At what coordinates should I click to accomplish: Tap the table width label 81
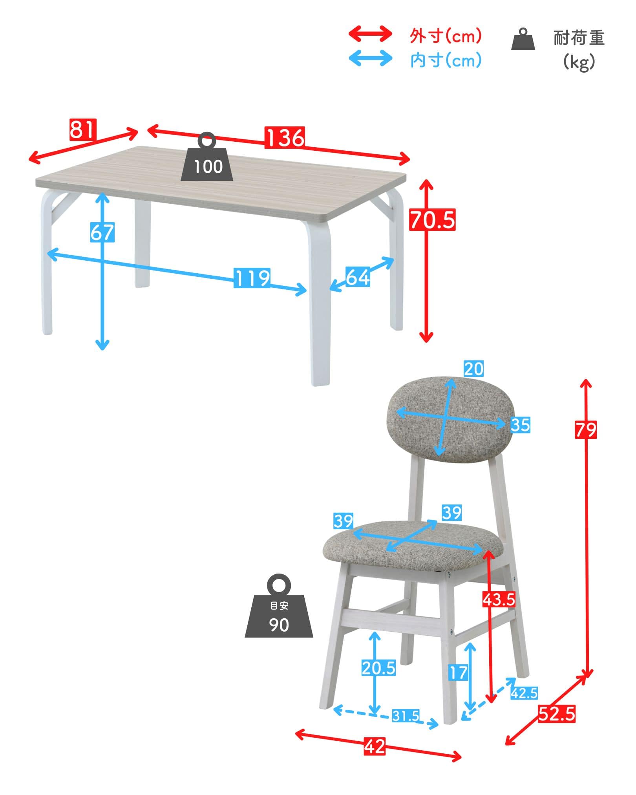82,130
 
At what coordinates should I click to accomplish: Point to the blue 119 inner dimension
252,278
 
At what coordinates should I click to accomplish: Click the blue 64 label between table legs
358,277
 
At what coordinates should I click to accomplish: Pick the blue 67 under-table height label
102,232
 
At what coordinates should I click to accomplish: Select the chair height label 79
586,429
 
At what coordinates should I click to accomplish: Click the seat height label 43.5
499,599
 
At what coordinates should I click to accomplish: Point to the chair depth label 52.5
556,713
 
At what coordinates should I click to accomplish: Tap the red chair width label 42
375,747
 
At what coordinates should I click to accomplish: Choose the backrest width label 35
520,425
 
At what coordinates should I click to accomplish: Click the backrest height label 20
473,369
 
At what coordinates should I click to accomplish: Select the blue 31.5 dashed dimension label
406,716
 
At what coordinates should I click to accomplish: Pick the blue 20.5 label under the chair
378,668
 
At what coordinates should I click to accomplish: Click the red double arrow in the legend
370,34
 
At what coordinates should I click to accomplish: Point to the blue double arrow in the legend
370,58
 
